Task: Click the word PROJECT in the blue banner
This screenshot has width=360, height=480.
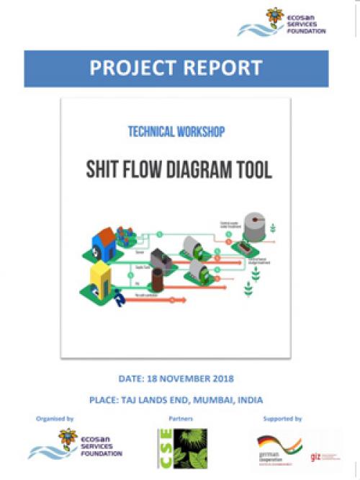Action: click(131, 68)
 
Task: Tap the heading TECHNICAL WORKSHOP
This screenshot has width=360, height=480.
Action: click(176, 132)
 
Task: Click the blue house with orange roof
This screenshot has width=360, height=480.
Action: click(102, 249)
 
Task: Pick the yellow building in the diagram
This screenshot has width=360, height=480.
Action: click(99, 281)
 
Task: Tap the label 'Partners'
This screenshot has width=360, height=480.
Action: click(180, 418)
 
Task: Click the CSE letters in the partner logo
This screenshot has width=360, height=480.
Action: click(163, 448)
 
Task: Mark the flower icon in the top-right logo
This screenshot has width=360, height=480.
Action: click(275, 17)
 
